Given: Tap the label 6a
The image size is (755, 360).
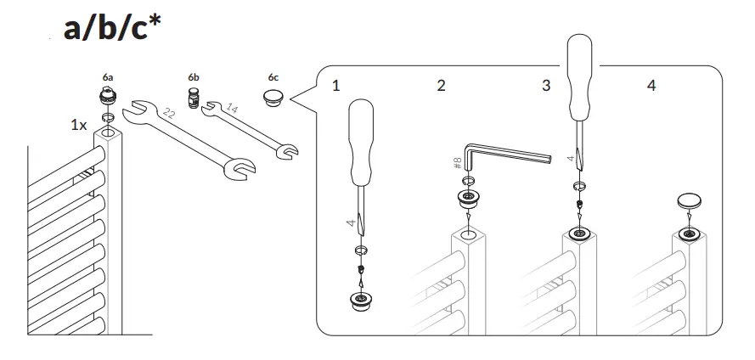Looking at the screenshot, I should [108, 76].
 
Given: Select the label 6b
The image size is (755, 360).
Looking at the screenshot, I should [193, 76].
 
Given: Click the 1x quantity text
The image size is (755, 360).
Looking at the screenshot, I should [78, 125].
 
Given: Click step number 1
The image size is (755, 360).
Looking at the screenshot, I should [336, 86].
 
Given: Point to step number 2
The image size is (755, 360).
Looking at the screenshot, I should [441, 86].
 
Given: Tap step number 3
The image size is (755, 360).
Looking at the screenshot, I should [546, 86].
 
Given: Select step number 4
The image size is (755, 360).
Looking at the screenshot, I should [651, 86].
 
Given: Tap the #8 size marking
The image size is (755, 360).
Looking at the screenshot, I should [458, 162].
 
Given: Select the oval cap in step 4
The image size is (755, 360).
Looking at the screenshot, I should [689, 200].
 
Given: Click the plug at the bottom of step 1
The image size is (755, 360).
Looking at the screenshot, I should [360, 301].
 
